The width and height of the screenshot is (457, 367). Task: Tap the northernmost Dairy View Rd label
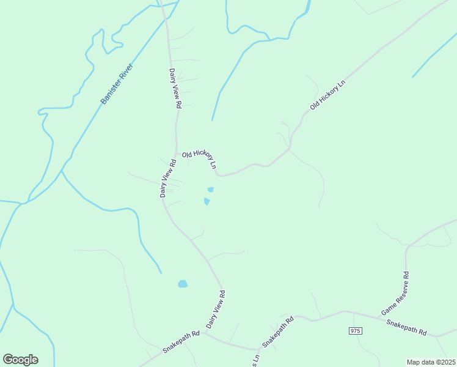click(x=175, y=89)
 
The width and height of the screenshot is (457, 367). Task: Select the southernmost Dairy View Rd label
click(x=216, y=310)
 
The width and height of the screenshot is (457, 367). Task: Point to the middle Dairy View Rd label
click(x=167, y=178)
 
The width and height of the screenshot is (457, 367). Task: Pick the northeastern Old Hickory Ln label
click(x=327, y=95)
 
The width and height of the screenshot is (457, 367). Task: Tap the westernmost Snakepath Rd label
click(x=181, y=342)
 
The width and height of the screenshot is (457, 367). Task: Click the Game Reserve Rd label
click(x=395, y=295)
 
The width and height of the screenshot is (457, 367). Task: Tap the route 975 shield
click(x=356, y=331)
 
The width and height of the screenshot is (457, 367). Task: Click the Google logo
click(x=20, y=360)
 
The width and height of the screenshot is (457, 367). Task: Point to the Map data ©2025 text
click(x=431, y=362)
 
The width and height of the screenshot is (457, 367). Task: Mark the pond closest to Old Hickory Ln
click(x=211, y=190)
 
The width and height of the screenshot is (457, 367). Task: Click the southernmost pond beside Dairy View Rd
click(x=182, y=284)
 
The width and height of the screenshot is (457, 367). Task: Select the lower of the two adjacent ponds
click(x=207, y=201)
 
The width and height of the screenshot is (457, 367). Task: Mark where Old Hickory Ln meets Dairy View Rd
click(x=177, y=154)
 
